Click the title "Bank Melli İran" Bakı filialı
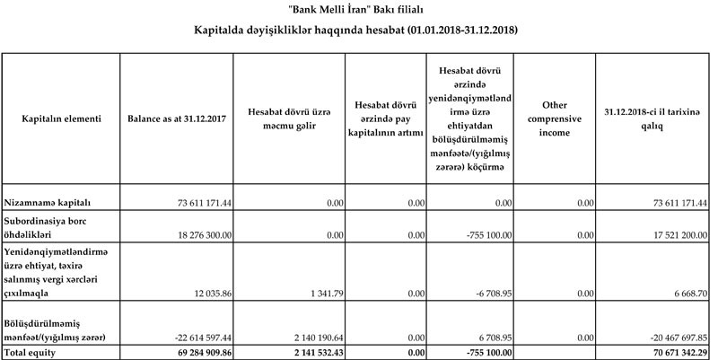click(x=358, y=10)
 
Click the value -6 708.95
click(x=489, y=294)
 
